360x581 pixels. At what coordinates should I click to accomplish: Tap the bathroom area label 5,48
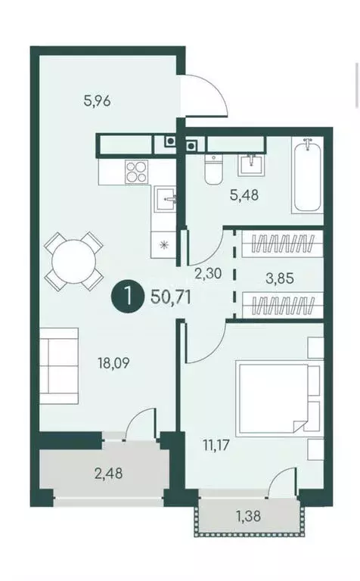pyautogui.click(x=244, y=194)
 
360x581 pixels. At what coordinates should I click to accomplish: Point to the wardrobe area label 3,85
pyautogui.click(x=277, y=277)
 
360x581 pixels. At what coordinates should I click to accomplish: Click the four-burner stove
pyautogui.click(x=136, y=172)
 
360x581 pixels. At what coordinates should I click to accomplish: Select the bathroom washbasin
pyautogui.click(x=250, y=162)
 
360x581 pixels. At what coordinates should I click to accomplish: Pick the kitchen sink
pyautogui.click(x=166, y=200)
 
